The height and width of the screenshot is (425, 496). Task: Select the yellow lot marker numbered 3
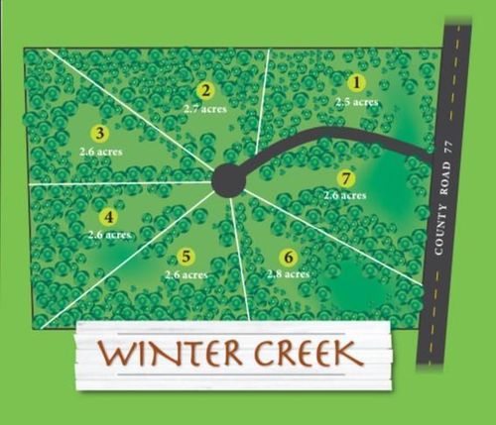click(x=99, y=132)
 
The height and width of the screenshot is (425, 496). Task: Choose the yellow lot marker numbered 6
click(x=288, y=255)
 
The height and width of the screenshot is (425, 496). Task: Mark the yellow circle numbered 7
click(x=344, y=178)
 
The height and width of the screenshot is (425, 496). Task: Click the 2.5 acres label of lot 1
click(x=357, y=101)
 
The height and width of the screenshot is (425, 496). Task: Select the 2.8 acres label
click(x=287, y=272)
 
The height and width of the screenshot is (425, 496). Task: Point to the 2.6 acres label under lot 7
click(x=344, y=196)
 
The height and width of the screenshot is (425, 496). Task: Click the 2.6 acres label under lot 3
click(x=99, y=151)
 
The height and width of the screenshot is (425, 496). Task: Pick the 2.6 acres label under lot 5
click(x=186, y=274)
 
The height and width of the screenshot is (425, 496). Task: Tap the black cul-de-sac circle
click(x=228, y=180)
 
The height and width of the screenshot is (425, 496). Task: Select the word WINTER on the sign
click(x=168, y=353)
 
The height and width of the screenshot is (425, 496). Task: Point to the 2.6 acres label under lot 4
click(x=109, y=235)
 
